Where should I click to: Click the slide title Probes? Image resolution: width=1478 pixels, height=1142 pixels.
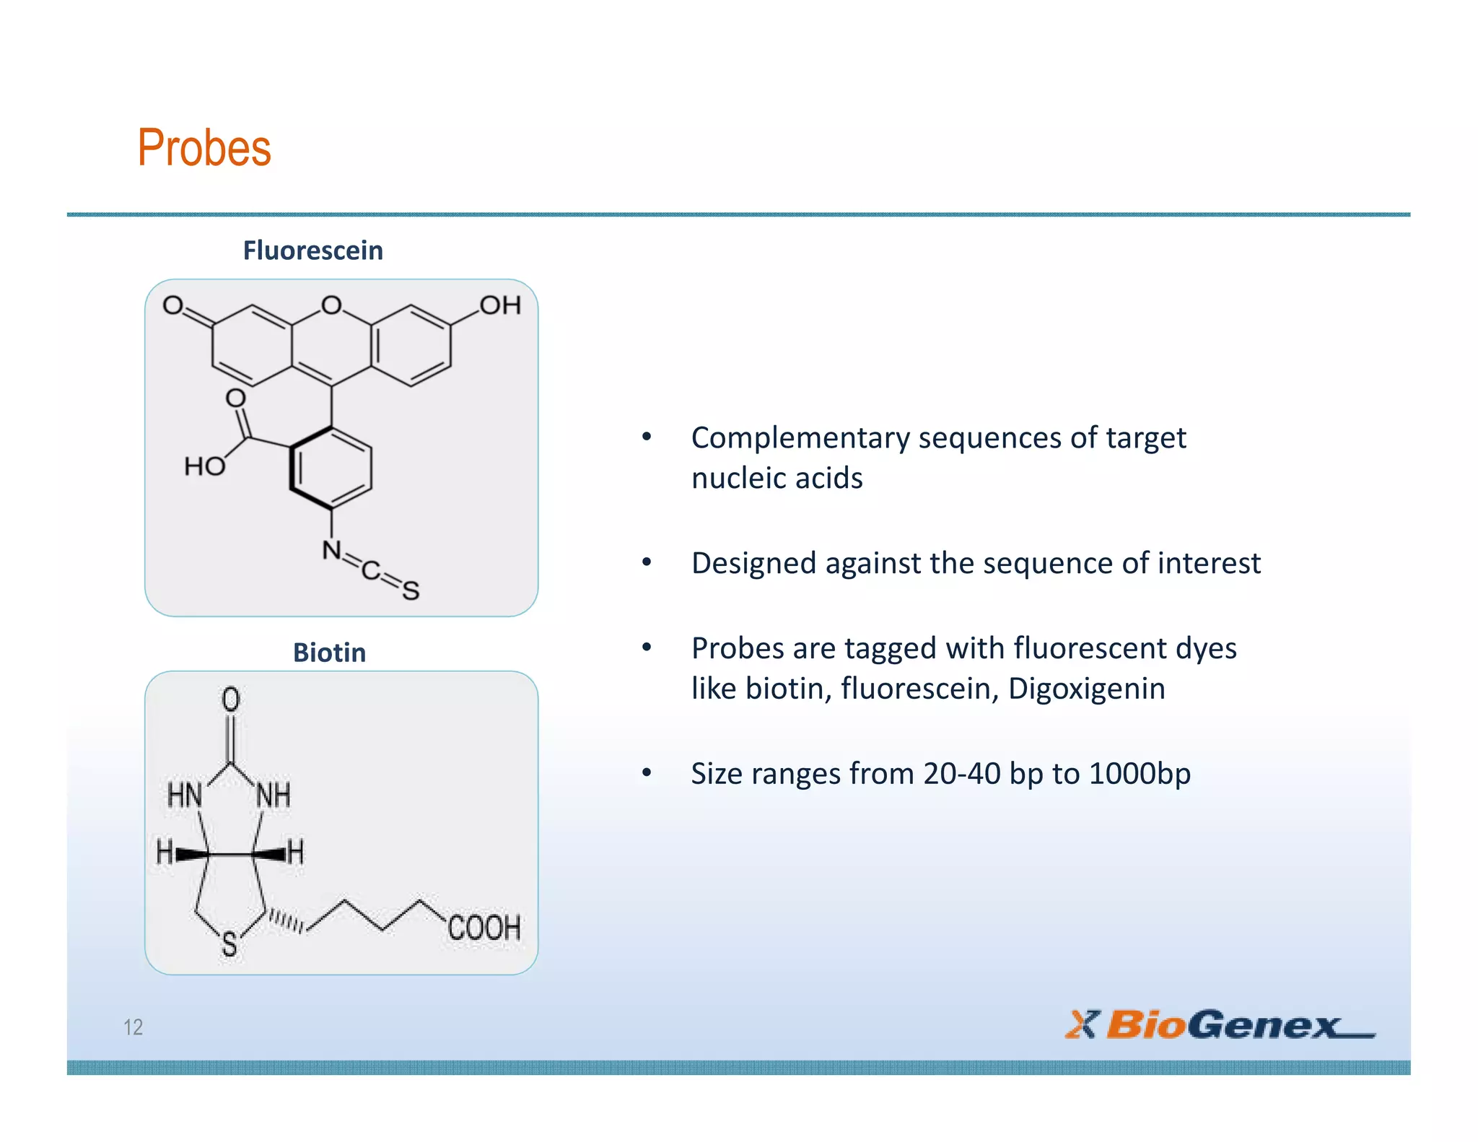204,148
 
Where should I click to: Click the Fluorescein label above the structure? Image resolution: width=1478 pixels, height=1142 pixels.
312,250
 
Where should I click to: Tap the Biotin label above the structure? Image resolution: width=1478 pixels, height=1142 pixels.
329,653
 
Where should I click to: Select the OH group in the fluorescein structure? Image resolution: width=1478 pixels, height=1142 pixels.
500,305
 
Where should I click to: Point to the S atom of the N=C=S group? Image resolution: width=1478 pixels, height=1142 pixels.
411,591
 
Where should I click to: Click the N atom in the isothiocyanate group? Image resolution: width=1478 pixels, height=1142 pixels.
331,550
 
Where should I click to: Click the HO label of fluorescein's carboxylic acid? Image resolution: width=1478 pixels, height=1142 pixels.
204,466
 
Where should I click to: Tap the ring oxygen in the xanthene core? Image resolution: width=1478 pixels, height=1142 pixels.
331,305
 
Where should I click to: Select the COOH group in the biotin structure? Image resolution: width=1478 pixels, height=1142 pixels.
484,928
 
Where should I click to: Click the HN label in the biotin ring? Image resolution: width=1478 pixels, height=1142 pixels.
185,796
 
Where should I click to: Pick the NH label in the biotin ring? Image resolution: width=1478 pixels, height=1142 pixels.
274,796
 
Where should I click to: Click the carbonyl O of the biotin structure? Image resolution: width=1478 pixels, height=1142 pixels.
230,699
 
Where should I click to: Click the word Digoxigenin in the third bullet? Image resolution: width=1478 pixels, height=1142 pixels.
1086,689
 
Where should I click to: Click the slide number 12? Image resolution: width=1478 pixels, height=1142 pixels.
134,1027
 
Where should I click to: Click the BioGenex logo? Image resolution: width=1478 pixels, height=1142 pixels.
1220,1024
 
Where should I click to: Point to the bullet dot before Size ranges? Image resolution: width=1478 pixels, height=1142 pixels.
647,773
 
